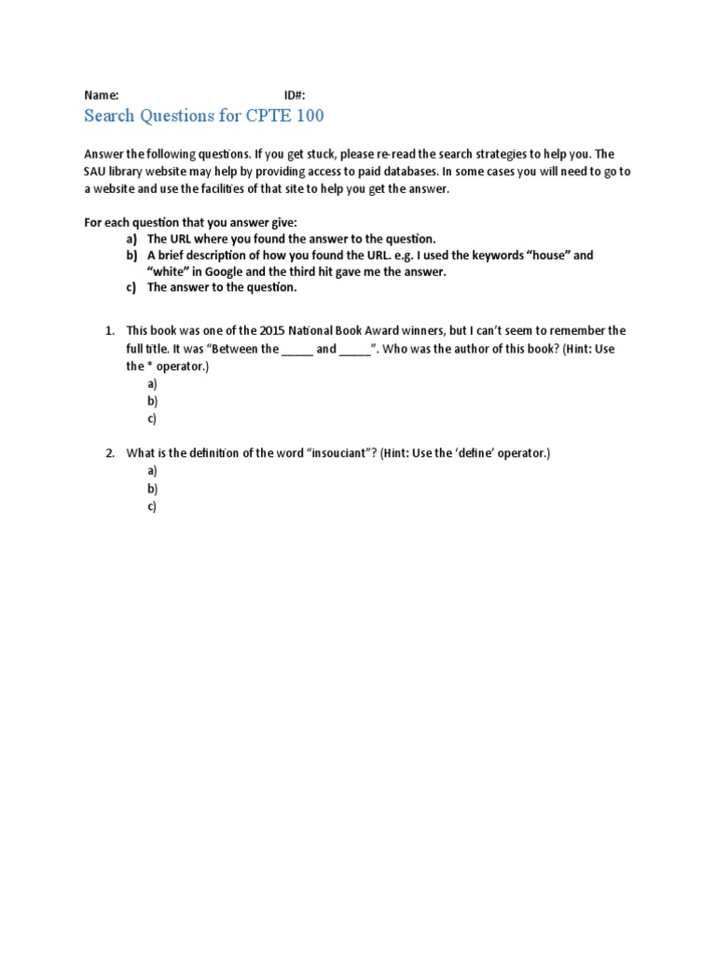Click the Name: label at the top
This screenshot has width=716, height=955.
click(102, 95)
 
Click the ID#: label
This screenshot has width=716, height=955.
click(295, 95)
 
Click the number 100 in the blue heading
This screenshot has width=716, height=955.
click(307, 116)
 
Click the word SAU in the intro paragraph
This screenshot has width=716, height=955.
click(97, 172)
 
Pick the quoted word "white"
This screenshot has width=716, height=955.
click(168, 271)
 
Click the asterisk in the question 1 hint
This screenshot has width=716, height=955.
click(149, 367)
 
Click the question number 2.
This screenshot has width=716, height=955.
click(109, 453)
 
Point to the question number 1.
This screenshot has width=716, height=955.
click(109, 331)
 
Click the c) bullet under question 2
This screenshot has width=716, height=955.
click(152, 506)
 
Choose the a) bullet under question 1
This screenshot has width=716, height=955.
click(152, 384)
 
